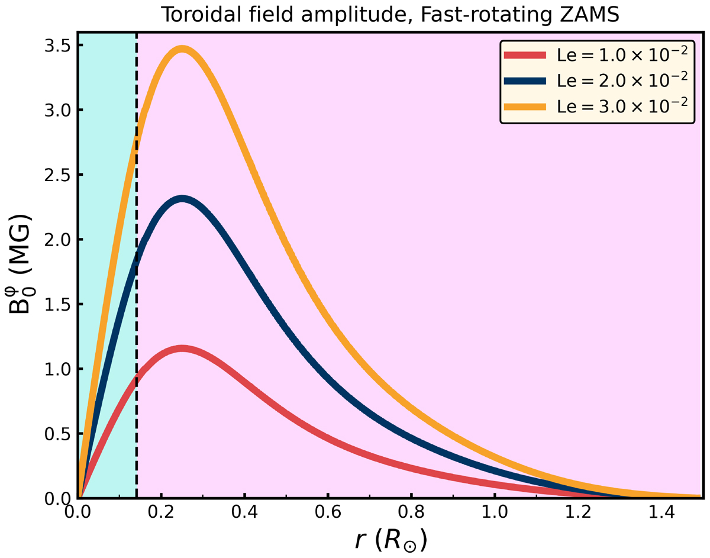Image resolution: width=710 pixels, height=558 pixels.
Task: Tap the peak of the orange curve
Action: click(x=182, y=50)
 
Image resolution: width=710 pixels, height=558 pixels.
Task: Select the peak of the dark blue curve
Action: click(x=182, y=199)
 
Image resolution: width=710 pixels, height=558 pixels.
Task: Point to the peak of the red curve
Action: click(x=182, y=349)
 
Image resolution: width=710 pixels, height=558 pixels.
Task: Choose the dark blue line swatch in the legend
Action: click(x=524, y=79)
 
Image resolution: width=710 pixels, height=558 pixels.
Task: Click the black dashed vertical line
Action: click(x=137, y=296)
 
